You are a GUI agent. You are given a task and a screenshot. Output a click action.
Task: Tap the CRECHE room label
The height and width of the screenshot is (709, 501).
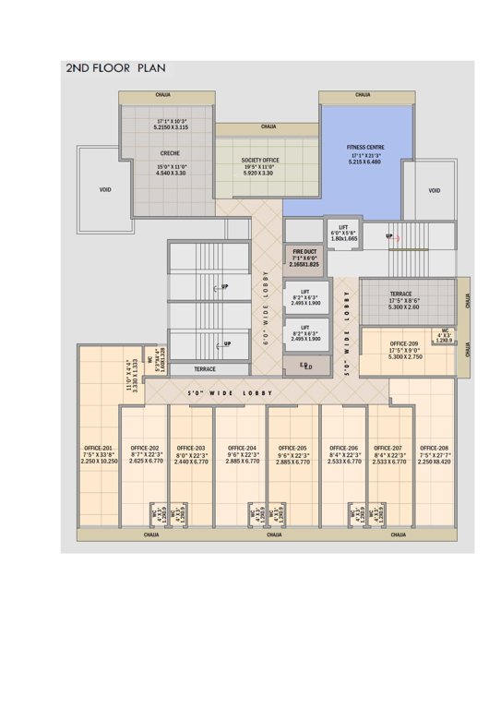coord(170,152)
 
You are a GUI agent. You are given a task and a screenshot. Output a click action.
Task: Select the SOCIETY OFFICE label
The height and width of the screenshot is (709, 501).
coord(260,159)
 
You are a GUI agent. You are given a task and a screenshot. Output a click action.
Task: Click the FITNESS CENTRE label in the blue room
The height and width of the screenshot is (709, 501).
coord(365,147)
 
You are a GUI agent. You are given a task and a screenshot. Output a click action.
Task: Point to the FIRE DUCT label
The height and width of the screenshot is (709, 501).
coord(305,251)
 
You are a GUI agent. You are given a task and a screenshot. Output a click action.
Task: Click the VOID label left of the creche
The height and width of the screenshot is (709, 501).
coord(105,190)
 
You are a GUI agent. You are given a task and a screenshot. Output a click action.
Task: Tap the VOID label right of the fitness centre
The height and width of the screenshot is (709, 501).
coord(435,190)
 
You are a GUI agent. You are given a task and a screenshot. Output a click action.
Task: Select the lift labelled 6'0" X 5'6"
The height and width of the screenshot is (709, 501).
coord(343,232)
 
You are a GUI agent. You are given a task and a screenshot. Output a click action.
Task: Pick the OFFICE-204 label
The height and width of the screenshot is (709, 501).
coord(241,448)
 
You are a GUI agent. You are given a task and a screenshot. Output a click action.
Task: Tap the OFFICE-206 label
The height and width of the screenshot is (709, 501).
coord(343,448)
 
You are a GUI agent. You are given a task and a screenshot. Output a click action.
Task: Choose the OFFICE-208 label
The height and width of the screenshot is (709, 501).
coord(435,448)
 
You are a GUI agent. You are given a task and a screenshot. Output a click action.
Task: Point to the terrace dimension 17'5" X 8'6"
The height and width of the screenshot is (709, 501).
coord(407,300)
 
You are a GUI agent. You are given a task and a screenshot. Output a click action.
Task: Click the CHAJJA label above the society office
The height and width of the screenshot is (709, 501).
coord(268,126)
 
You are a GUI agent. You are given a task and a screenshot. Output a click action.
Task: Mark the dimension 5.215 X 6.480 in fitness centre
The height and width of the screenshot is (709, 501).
coord(365,162)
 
